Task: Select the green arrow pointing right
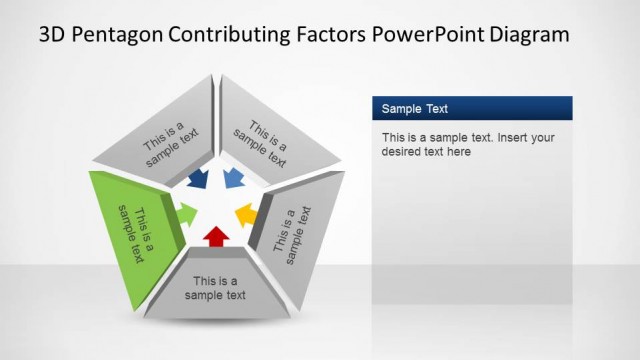coord(185,212)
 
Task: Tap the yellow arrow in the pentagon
coord(246,214)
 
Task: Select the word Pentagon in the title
coord(122,34)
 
